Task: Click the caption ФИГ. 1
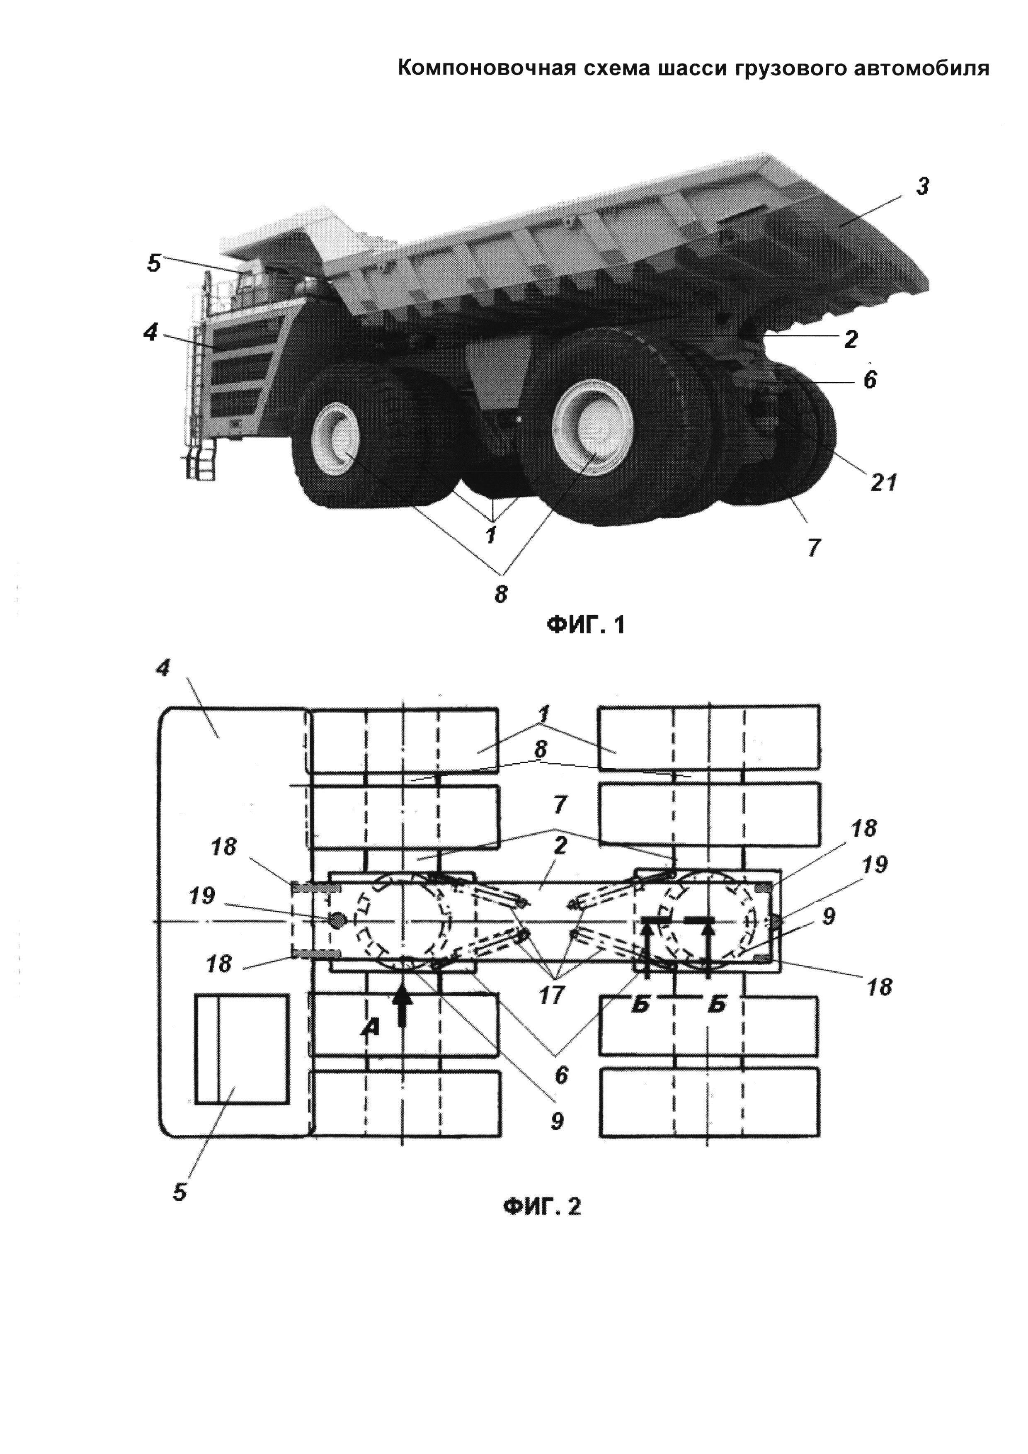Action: pos(586,625)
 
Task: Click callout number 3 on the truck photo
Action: pos(922,187)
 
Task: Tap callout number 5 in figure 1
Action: pos(154,263)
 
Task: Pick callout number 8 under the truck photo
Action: pos(501,595)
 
